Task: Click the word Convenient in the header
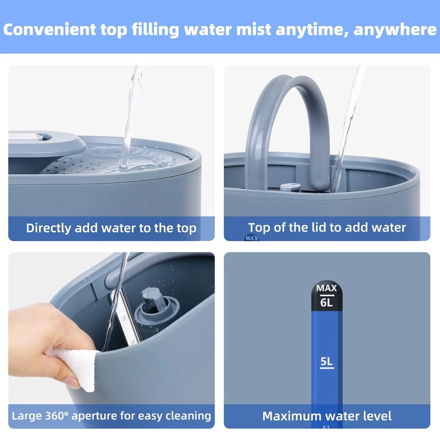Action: pos(49,29)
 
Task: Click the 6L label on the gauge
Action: pos(326,303)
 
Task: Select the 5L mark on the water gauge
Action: pos(326,361)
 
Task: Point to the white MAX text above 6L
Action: pos(326,288)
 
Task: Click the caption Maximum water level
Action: pos(327,416)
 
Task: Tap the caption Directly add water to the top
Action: pos(111,228)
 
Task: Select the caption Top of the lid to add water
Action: pos(327,227)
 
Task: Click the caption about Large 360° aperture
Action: pos(111,416)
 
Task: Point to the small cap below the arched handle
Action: pos(290,187)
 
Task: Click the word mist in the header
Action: pos(254,29)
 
